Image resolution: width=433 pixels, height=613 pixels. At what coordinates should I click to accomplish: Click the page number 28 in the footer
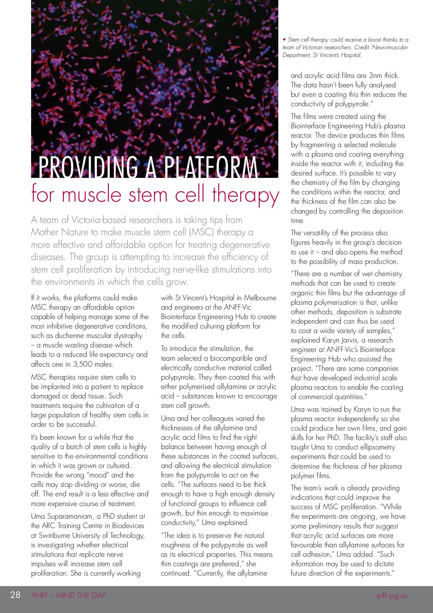(x=15, y=595)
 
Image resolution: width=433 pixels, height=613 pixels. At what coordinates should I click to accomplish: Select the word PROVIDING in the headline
(x=88, y=168)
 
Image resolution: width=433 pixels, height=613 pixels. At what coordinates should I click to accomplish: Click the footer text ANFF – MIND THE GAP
(x=68, y=596)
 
